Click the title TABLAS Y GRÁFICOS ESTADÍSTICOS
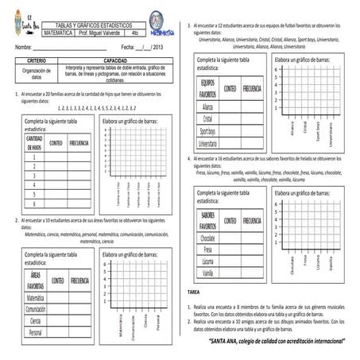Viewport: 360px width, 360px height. tap(95, 25)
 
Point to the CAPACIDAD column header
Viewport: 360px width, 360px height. tap(115, 60)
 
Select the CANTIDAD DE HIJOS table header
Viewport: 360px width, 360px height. tap(34, 142)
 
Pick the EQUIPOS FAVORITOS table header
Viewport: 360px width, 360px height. tap(208, 88)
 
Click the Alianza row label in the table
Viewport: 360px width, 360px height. tap(208, 106)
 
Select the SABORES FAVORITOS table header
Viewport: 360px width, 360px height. tap(208, 219)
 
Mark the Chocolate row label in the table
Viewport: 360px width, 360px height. tap(208, 238)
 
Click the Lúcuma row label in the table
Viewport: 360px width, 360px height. tap(208, 261)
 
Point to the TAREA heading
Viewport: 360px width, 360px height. tap(195, 292)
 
